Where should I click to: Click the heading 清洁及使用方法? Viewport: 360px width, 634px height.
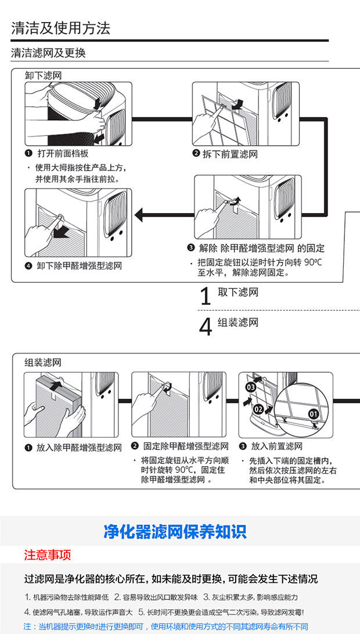[60, 27]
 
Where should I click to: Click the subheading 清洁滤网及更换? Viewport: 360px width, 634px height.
[48, 53]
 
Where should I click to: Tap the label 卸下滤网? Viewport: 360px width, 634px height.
[43, 75]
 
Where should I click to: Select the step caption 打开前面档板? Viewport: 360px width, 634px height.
[63, 154]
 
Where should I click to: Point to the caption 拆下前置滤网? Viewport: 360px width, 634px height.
[230, 154]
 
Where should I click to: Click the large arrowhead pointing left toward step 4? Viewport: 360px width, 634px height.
[139, 215]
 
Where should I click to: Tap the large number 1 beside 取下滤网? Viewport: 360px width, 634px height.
[205, 297]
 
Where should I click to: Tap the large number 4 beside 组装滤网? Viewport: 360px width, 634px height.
[205, 327]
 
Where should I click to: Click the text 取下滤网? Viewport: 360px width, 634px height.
[238, 293]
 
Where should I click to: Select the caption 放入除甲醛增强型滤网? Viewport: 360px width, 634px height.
[79, 447]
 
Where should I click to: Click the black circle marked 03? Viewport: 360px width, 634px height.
[251, 387]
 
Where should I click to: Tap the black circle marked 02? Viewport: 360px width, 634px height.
[258, 409]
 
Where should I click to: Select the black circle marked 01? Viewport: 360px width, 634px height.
[314, 414]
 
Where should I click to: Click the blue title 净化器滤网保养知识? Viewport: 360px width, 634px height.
[175, 531]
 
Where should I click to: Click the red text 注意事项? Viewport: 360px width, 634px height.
[48, 555]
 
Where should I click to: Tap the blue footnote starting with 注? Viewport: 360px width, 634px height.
[165, 626]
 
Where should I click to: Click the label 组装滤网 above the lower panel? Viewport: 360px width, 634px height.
[43, 362]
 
